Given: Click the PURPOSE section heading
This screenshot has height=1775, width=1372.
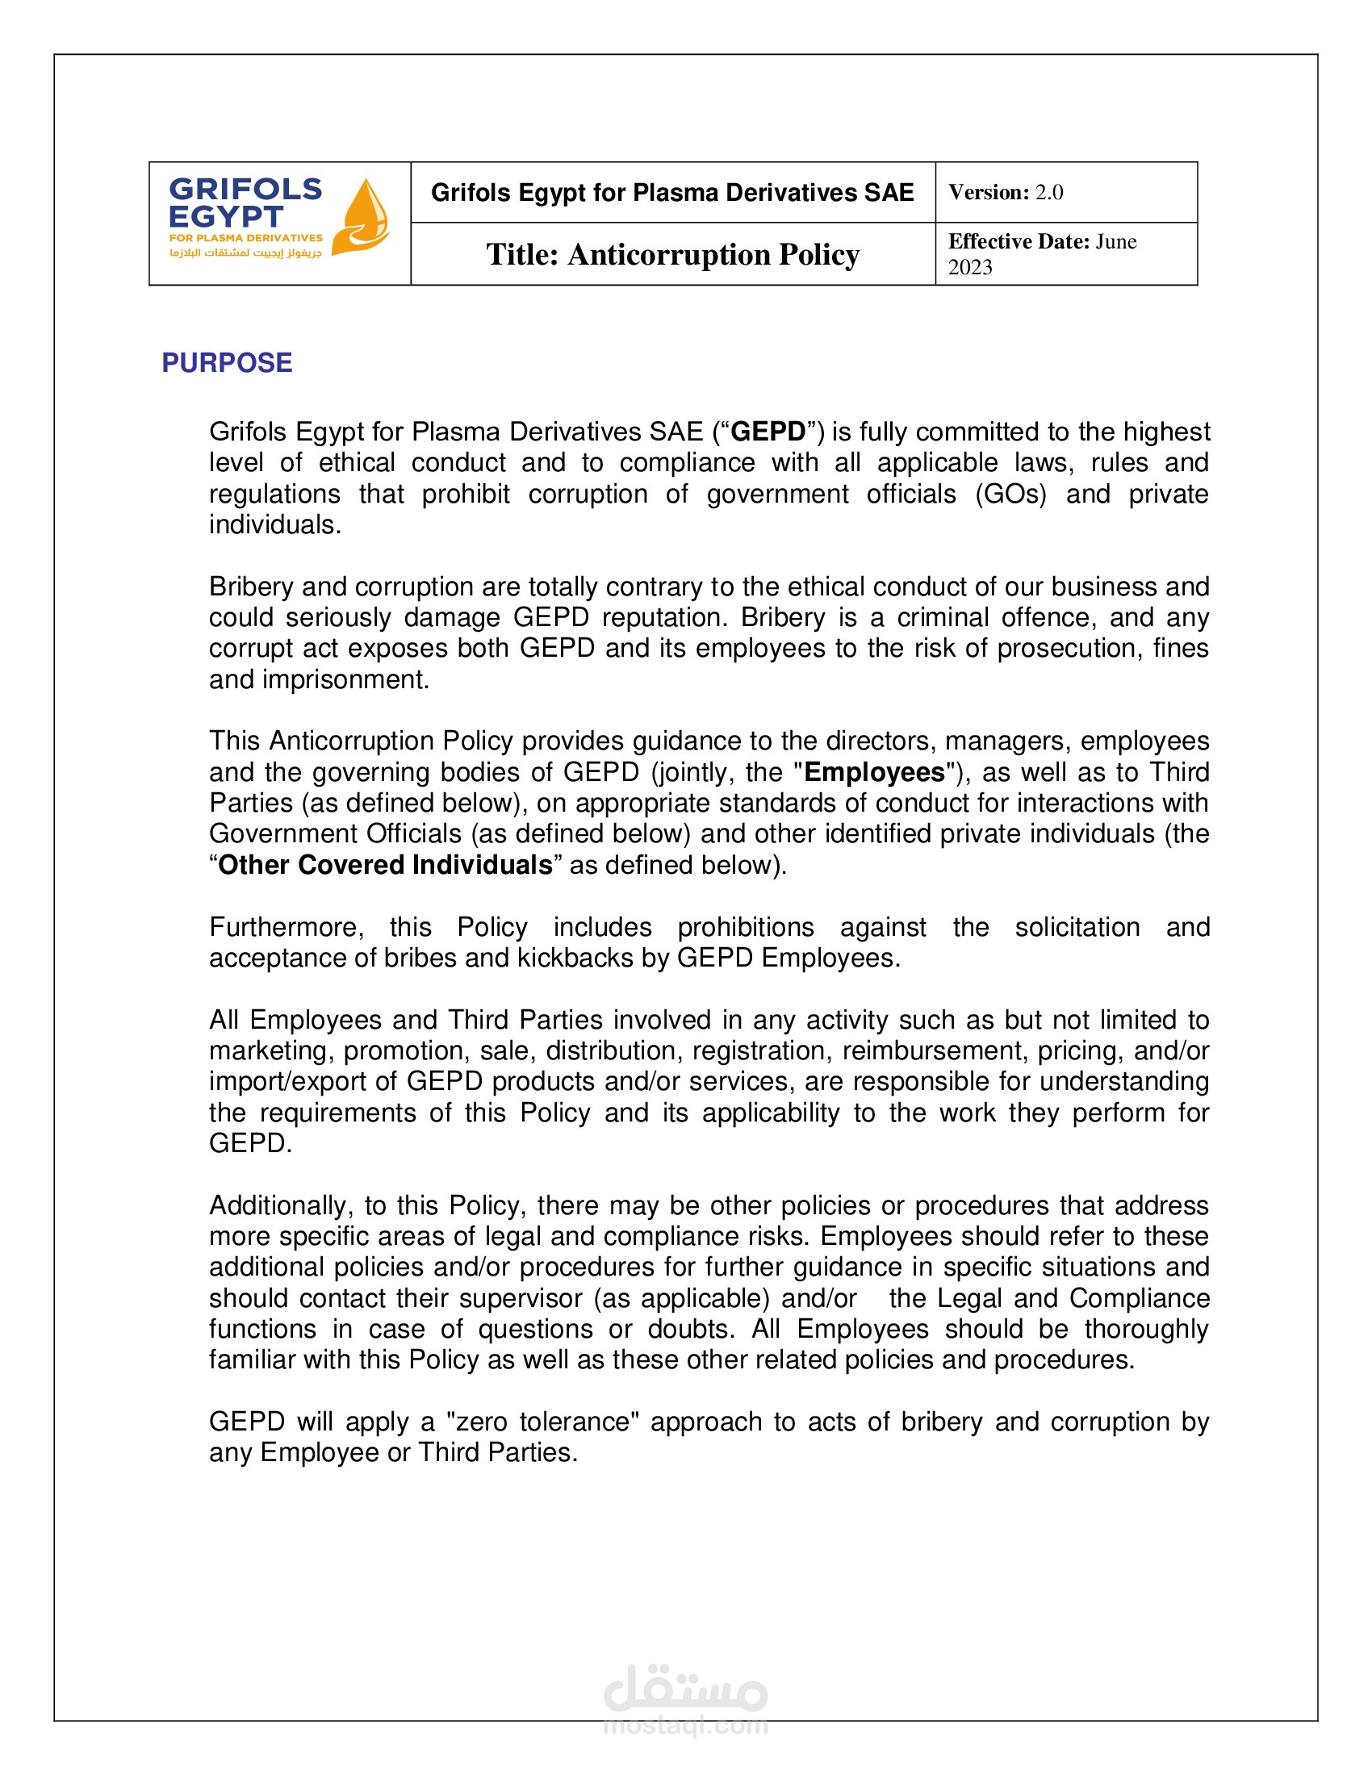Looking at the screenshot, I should click(227, 362).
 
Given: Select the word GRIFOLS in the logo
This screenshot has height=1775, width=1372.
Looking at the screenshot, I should click(245, 190).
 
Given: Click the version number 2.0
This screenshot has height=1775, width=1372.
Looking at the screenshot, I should click(1048, 193).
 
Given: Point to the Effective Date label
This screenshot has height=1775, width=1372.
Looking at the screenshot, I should click(1019, 241).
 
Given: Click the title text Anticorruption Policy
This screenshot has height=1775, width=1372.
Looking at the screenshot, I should click(713, 254).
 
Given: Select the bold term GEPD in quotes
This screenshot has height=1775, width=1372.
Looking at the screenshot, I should click(768, 432).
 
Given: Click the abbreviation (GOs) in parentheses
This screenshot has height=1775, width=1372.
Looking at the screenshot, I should click(1010, 494).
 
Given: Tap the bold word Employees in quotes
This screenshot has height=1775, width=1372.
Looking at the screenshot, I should click(874, 772).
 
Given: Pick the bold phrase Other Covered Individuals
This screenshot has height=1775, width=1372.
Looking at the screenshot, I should click(385, 865).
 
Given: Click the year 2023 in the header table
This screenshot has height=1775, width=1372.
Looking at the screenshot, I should click(969, 267).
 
